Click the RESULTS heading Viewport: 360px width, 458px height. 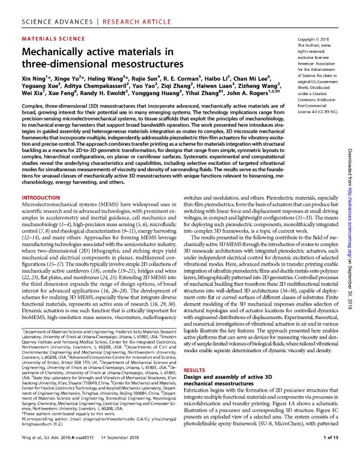tap(197, 368)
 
